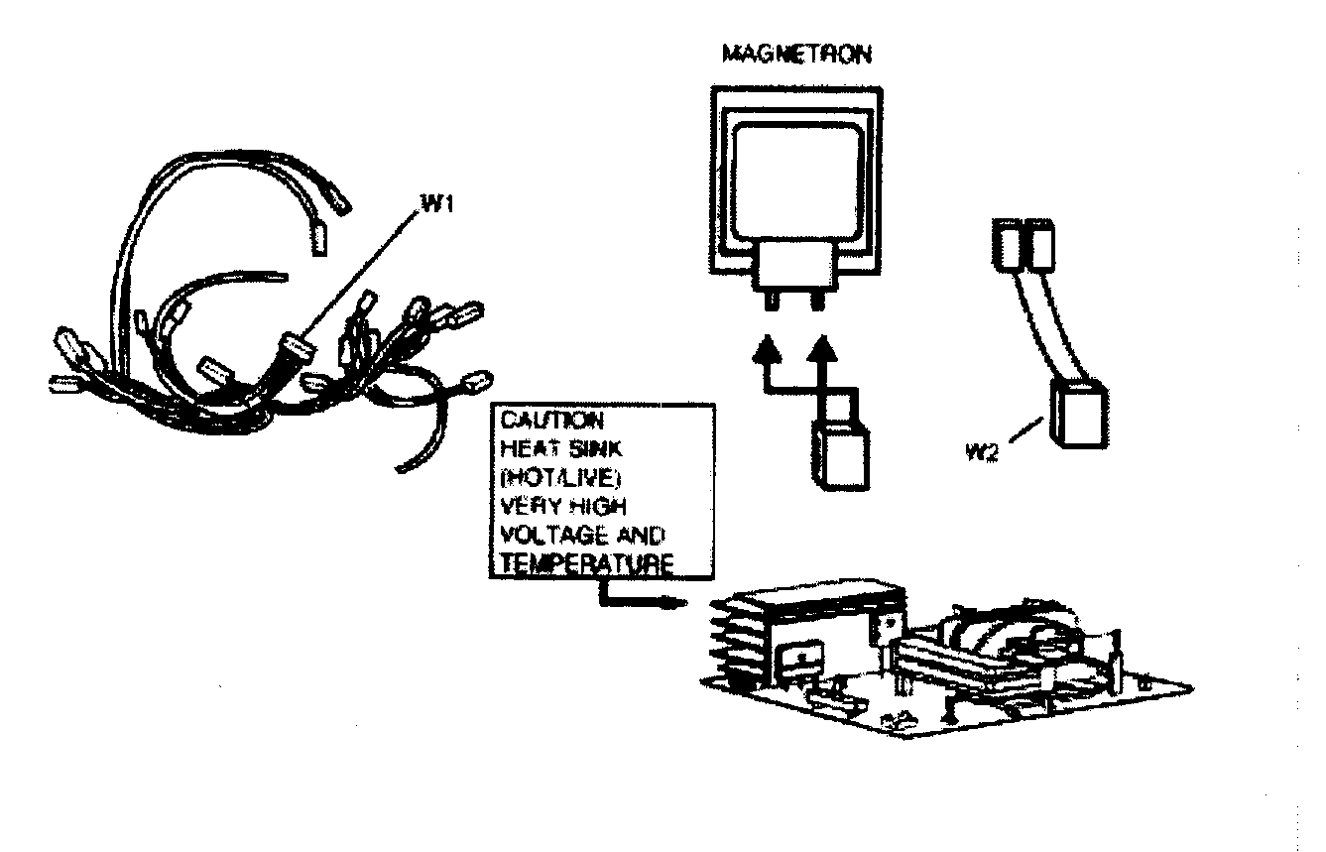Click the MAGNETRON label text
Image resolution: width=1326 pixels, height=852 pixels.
coord(798,55)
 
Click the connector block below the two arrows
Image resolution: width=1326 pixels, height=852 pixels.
coord(840,454)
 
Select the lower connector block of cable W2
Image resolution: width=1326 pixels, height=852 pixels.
coord(1079,414)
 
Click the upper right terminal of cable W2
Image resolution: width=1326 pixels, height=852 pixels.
coord(1038,244)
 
